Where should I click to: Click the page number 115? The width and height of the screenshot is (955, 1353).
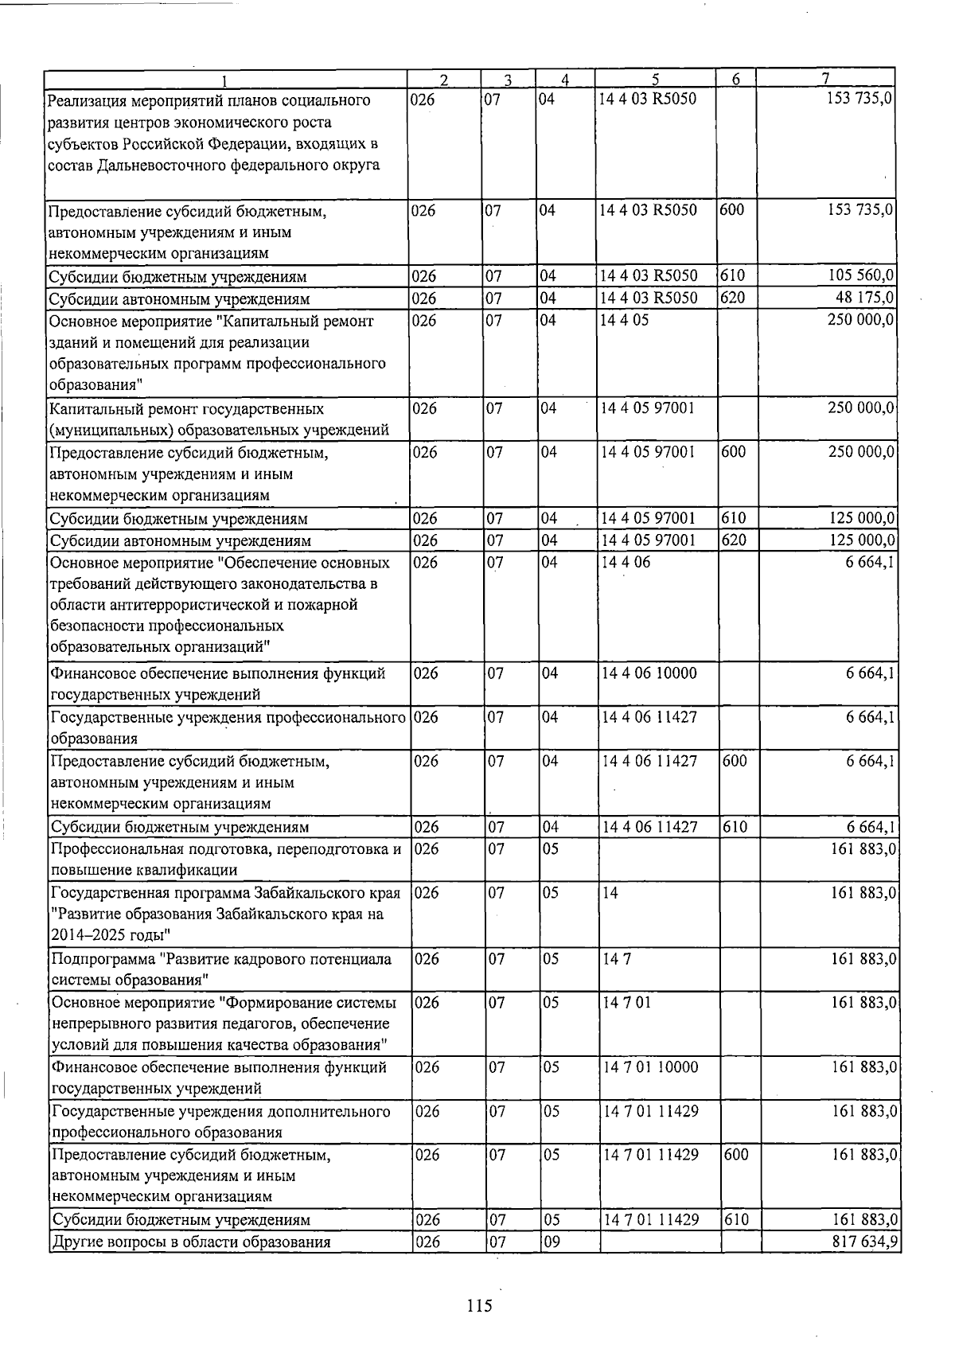480,1306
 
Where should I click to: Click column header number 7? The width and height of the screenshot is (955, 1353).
826,79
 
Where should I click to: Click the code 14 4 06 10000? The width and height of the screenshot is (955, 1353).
649,673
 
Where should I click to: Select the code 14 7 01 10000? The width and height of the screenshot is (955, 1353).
651,1066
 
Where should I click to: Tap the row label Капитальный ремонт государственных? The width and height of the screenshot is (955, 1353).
187,408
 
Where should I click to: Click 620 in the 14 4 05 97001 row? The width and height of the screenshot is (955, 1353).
734,540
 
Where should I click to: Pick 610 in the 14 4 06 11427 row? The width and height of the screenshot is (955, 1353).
735,826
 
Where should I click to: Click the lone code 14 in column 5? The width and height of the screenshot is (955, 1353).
610,892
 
